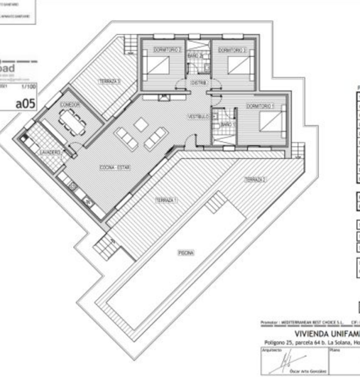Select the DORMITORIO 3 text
coord(231,50)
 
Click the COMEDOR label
coord(70,104)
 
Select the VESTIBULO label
coord(198,116)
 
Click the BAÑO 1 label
coord(227,124)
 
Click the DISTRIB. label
coord(199,82)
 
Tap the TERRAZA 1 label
coord(166,202)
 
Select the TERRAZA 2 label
coord(255,180)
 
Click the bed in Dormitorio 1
coord(270,122)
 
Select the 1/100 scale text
coord(29,86)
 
